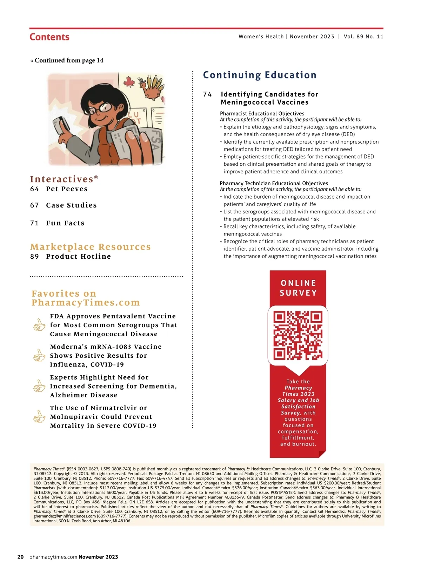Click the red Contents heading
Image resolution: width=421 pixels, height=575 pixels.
49,37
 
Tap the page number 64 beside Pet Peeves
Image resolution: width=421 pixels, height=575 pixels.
34,189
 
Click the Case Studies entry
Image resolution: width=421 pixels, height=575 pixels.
71,205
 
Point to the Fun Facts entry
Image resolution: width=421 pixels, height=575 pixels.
65,223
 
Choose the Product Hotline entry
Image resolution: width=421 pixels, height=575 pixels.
78,256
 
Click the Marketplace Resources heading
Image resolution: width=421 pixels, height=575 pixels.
91,247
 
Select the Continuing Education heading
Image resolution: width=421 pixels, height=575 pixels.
260,75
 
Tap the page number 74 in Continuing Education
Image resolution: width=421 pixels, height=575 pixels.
207,94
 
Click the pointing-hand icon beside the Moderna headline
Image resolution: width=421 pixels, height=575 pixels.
39,356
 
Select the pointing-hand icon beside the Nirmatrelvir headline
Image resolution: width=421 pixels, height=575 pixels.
39,417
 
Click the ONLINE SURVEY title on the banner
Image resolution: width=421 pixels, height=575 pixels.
298,288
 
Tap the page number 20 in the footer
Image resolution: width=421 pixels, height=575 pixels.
21,557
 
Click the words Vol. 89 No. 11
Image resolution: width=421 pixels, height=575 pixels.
363,37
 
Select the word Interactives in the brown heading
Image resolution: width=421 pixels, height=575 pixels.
61,179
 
